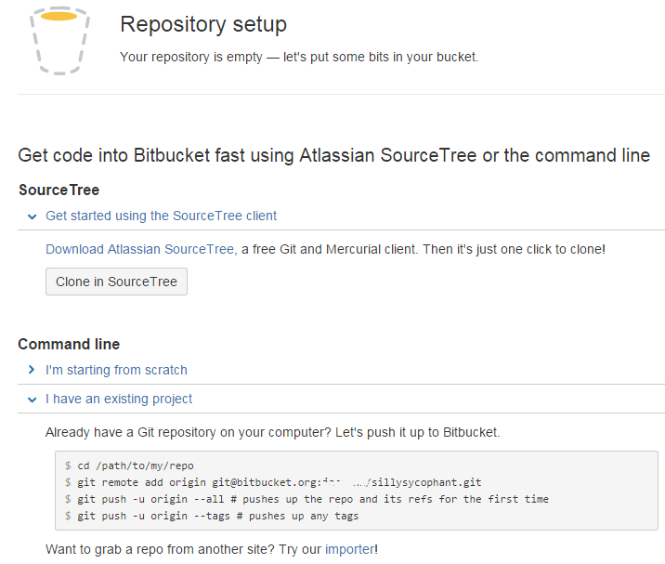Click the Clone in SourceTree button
click(116, 282)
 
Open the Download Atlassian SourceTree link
click(139, 249)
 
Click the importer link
click(350, 549)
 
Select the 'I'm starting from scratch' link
click(116, 370)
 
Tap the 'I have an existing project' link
click(119, 399)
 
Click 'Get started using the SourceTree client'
click(161, 216)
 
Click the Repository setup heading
click(203, 25)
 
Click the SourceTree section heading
click(59, 190)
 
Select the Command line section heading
click(69, 345)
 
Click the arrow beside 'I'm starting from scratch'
click(32, 370)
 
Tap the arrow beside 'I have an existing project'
click(32, 400)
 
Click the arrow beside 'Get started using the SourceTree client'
click(32, 216)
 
